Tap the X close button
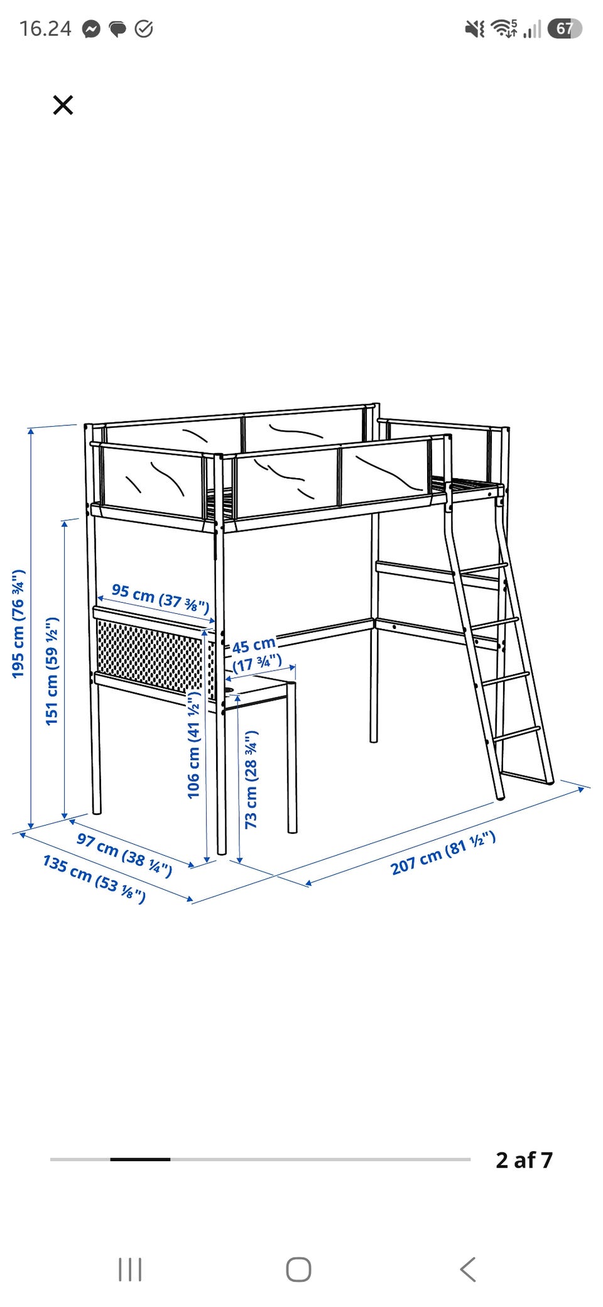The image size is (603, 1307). click(63, 105)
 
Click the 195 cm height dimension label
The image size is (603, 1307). click(18, 623)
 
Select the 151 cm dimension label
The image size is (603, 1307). click(52, 670)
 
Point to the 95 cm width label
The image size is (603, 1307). click(160, 598)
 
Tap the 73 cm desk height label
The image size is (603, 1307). click(251, 779)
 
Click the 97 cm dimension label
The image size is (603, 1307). click(124, 855)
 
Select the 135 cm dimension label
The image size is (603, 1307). click(94, 879)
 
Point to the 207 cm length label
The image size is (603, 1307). click(443, 853)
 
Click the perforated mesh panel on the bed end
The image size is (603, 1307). click(150, 657)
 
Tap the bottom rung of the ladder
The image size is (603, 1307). click(516, 734)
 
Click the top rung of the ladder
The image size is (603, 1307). click(483, 569)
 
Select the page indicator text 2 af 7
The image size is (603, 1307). click(524, 1160)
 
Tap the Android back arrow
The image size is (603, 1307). click(468, 1269)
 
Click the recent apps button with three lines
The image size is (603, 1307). click(130, 1269)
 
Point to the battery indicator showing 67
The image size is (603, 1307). click(565, 28)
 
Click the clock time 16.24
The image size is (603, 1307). click(45, 29)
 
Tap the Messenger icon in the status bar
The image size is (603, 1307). click(92, 29)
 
